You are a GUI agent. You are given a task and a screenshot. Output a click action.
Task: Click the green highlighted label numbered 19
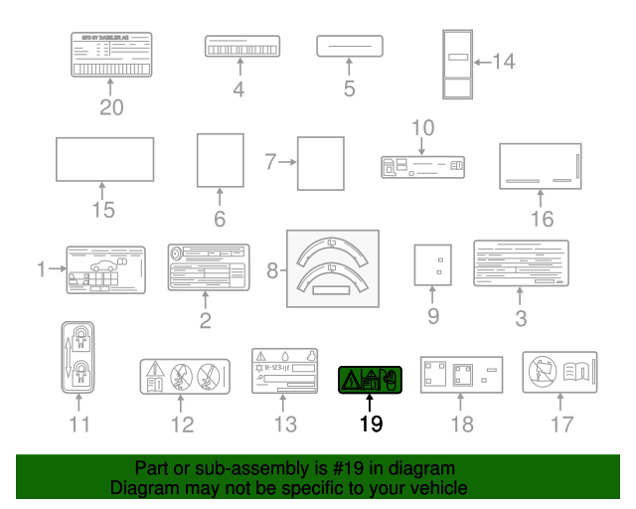(x=369, y=378)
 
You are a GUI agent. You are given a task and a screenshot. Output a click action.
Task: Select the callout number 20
(x=111, y=107)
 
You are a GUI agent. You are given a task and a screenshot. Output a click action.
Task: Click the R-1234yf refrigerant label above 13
(x=284, y=372)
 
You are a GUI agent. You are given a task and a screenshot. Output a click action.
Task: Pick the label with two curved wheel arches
(x=332, y=267)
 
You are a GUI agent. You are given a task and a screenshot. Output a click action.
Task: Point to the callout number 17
(x=563, y=425)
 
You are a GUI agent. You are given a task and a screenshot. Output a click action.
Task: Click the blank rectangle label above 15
(x=103, y=159)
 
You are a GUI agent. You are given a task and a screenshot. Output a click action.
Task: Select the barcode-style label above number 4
(x=239, y=47)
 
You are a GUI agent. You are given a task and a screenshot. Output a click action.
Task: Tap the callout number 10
(x=423, y=127)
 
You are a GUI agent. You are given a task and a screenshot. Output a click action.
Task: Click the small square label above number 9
(x=432, y=264)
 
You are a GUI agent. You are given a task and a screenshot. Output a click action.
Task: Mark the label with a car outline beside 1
(x=105, y=269)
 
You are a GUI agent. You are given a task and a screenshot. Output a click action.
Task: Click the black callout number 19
(x=370, y=424)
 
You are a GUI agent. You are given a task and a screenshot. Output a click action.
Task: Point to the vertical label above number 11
(x=79, y=356)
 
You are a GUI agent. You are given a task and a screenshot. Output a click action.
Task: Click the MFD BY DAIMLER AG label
(x=110, y=54)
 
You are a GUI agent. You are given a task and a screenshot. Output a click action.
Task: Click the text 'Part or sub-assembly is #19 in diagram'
(x=295, y=468)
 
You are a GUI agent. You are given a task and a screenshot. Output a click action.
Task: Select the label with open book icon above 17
(x=559, y=372)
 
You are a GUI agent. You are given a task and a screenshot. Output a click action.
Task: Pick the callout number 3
(x=521, y=319)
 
